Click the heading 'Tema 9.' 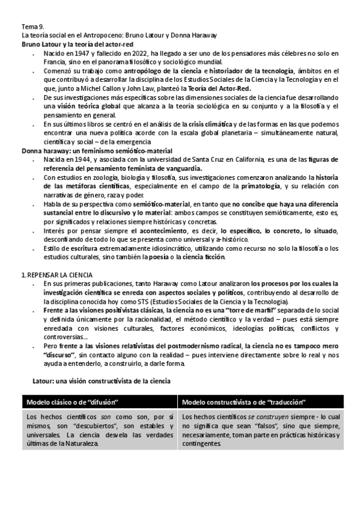point(32,27)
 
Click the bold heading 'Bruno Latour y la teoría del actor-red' point(77,45)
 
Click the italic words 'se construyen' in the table point(246,416)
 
